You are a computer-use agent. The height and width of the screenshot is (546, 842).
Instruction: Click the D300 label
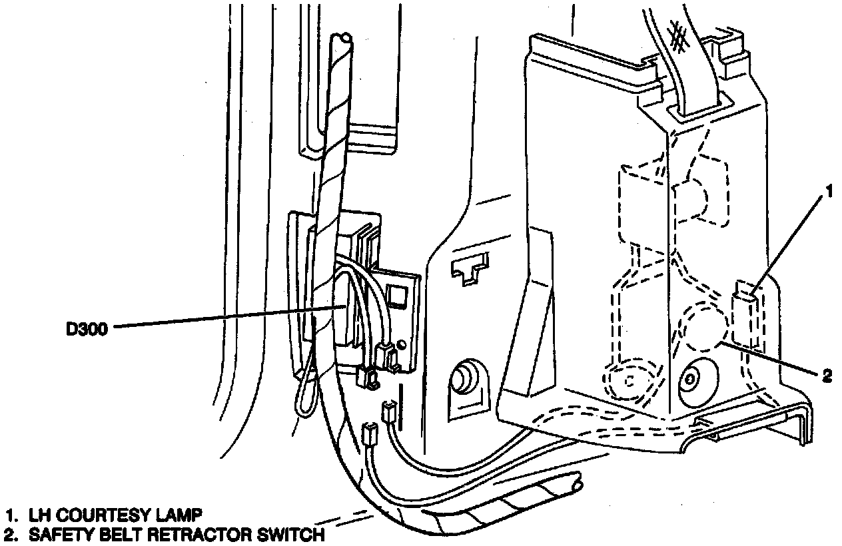[x=87, y=328]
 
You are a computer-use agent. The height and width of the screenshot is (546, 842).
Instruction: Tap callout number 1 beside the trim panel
[x=828, y=193]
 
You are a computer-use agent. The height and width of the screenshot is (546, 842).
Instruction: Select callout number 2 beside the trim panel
[x=827, y=377]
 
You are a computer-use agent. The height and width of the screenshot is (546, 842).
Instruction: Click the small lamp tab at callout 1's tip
[x=745, y=292]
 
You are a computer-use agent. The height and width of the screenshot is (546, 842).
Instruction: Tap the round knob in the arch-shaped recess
[x=462, y=380]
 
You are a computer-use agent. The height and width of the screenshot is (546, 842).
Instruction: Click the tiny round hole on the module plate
[x=402, y=344]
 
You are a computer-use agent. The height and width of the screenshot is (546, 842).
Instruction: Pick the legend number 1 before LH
[x=9, y=515]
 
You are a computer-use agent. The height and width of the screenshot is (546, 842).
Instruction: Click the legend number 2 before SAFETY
[x=9, y=534]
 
